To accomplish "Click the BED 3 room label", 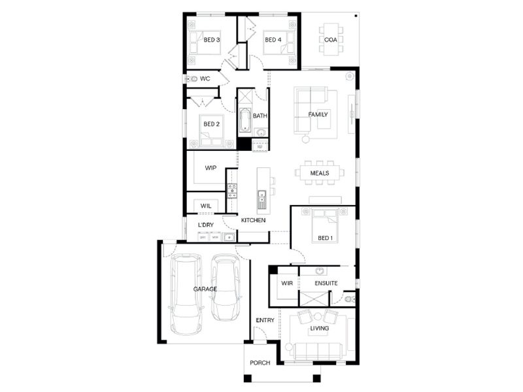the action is [x=212, y=40].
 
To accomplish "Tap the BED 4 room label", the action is [x=273, y=40].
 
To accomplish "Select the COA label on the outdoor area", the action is [x=331, y=40].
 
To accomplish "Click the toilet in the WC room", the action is [x=192, y=79].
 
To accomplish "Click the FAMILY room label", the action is [x=318, y=114].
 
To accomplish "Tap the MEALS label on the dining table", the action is [x=320, y=173].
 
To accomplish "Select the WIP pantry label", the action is [x=211, y=168].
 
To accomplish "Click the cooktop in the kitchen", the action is [x=232, y=191].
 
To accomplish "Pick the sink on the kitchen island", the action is [x=262, y=199].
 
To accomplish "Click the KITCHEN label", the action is [x=253, y=220].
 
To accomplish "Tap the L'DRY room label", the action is [x=206, y=225].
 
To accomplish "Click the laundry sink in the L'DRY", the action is [x=229, y=237].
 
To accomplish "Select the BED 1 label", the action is [x=325, y=238].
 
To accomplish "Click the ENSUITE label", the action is [x=326, y=283].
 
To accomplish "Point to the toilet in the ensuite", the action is [x=349, y=299].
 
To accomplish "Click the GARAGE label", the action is [x=205, y=289].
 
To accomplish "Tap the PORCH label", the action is [x=260, y=363].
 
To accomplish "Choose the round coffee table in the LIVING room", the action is [x=318, y=316].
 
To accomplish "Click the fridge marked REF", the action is [x=260, y=146].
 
